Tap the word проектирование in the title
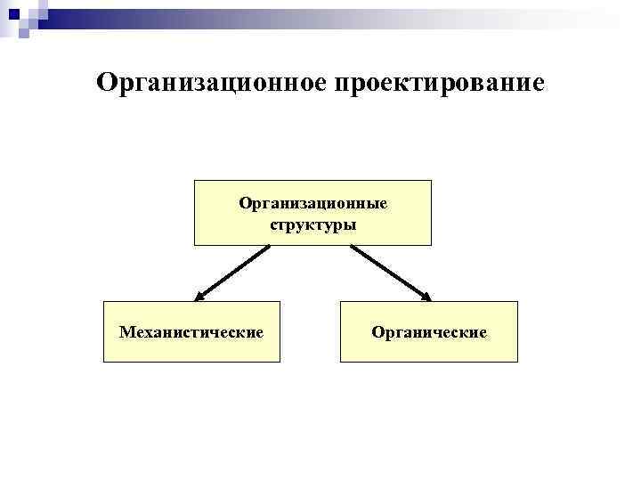[438, 84]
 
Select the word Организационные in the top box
[312, 203]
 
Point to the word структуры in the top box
[312, 224]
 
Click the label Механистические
[191, 332]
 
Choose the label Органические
[429, 332]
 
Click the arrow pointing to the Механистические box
[233, 273]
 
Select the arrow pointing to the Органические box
[391, 273]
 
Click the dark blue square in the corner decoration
[12, 12]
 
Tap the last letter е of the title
[537, 85]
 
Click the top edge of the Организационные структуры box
[312, 181]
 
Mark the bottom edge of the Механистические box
[191, 361]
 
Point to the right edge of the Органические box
[517, 331]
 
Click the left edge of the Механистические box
[104, 331]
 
